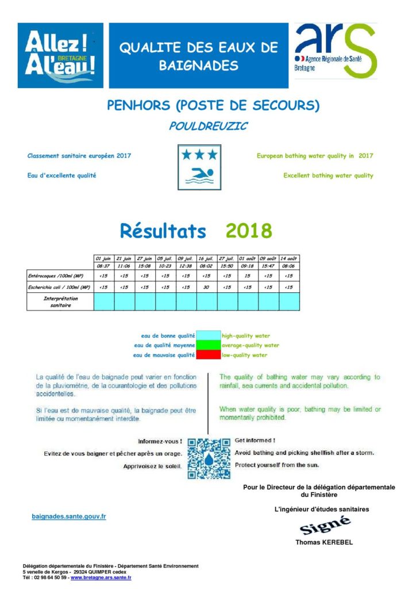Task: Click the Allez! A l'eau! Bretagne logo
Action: (x=60, y=55)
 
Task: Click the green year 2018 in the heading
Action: (x=249, y=231)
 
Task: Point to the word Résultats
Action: (x=163, y=231)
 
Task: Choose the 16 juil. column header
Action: (x=207, y=259)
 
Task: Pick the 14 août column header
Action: (x=290, y=259)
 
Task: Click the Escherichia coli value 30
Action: (x=207, y=287)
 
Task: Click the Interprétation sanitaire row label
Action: (x=60, y=302)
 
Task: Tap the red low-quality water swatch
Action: (x=208, y=355)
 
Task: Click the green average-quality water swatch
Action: (x=208, y=345)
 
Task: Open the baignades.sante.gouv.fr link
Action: (x=68, y=517)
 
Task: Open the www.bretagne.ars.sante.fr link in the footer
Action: (x=101, y=577)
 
